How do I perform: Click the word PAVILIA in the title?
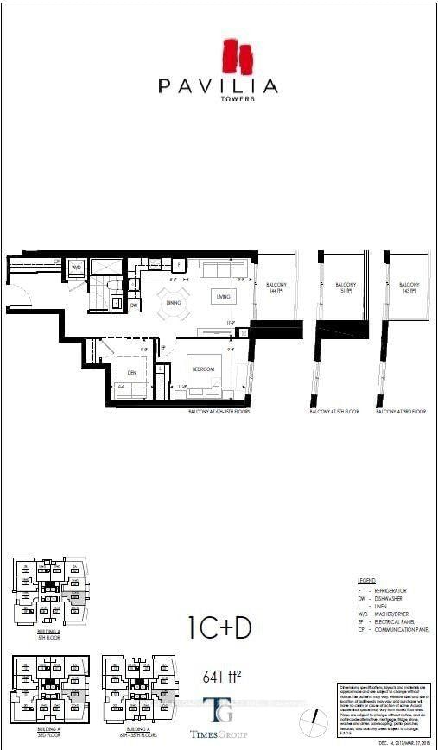(x=218, y=86)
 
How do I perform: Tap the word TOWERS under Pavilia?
(x=218, y=100)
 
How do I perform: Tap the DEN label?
(x=131, y=373)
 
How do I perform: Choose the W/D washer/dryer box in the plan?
(x=76, y=268)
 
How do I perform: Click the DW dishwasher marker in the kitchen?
(x=134, y=306)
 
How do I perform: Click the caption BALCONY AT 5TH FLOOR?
(x=333, y=413)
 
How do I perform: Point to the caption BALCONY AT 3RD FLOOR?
(x=401, y=413)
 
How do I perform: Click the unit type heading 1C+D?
(x=219, y=627)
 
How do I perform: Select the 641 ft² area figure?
(x=219, y=676)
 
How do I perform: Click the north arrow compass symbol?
(x=318, y=718)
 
